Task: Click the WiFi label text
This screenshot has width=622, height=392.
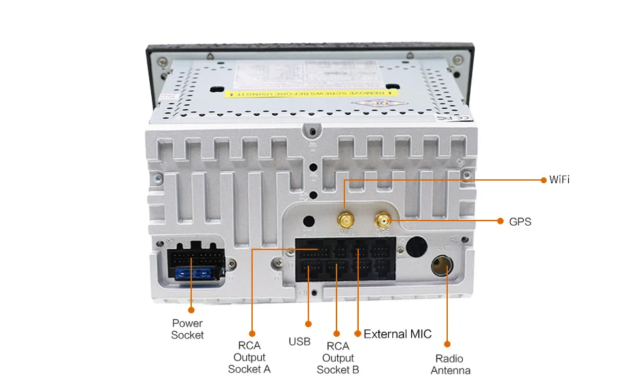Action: (559, 179)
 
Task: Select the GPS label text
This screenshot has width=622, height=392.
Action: (520, 222)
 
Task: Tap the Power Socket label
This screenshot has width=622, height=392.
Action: (187, 329)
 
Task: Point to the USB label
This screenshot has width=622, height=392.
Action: (299, 342)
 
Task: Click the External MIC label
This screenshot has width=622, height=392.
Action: (397, 334)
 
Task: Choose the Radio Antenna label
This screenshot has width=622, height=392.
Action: (450, 365)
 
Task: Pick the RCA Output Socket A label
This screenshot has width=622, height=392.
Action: (249, 357)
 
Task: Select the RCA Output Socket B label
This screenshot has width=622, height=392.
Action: (338, 357)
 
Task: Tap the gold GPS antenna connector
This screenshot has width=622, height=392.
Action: (382, 221)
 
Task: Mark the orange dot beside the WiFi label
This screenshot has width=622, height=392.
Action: (543, 179)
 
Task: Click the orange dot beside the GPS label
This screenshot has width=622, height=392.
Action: (500, 222)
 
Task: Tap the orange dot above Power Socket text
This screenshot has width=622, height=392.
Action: (191, 309)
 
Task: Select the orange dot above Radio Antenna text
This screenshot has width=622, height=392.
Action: (447, 344)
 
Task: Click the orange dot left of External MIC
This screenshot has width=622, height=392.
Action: (357, 333)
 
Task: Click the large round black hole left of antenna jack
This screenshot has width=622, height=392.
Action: (414, 247)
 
